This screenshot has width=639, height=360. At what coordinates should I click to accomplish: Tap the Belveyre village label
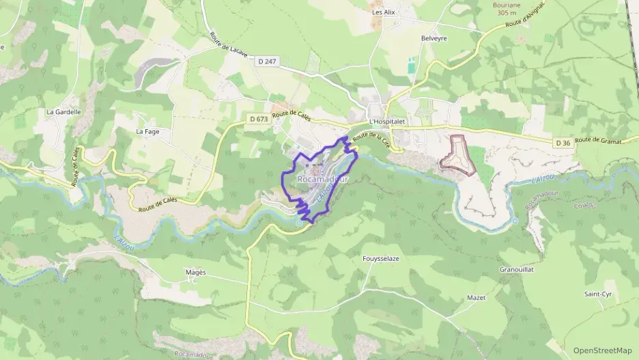click(434, 38)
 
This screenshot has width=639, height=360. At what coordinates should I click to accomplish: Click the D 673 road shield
click(258, 119)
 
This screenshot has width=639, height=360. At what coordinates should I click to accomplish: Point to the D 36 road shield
click(563, 143)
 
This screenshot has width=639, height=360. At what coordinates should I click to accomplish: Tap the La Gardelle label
click(63, 111)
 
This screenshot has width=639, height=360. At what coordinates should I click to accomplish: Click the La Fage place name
click(147, 131)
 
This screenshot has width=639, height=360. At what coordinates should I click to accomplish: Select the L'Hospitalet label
click(386, 122)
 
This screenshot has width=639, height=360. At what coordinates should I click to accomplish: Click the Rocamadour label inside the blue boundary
click(322, 179)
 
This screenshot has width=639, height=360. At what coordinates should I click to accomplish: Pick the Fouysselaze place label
click(380, 259)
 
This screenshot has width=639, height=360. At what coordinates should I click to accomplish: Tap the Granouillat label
click(516, 270)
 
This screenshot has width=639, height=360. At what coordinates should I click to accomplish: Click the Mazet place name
click(476, 298)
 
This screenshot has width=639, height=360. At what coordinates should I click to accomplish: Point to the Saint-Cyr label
click(597, 294)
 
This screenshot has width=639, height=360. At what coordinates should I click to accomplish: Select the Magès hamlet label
click(196, 272)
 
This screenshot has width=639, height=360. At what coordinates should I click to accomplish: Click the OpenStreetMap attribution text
click(602, 350)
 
